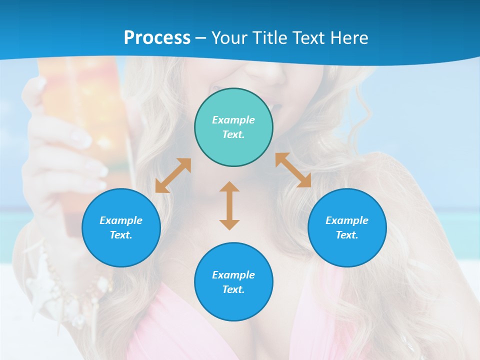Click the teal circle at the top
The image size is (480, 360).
(x=233, y=127)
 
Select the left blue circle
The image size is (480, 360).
(x=121, y=227)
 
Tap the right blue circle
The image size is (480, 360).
(x=347, y=227)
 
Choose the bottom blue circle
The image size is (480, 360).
(x=233, y=282)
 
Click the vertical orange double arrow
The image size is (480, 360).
(x=229, y=205)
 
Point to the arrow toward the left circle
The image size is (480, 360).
(x=173, y=175)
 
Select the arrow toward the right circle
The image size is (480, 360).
(x=293, y=170)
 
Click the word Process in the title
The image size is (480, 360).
(x=157, y=38)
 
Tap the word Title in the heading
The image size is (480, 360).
(x=271, y=38)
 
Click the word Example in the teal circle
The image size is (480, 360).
(x=233, y=120)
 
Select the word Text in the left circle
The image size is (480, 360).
(x=120, y=235)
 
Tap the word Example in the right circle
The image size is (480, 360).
(x=347, y=220)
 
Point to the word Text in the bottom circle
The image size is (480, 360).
(x=233, y=289)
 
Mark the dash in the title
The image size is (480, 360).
(x=200, y=38)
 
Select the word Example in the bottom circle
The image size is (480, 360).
(x=233, y=275)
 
